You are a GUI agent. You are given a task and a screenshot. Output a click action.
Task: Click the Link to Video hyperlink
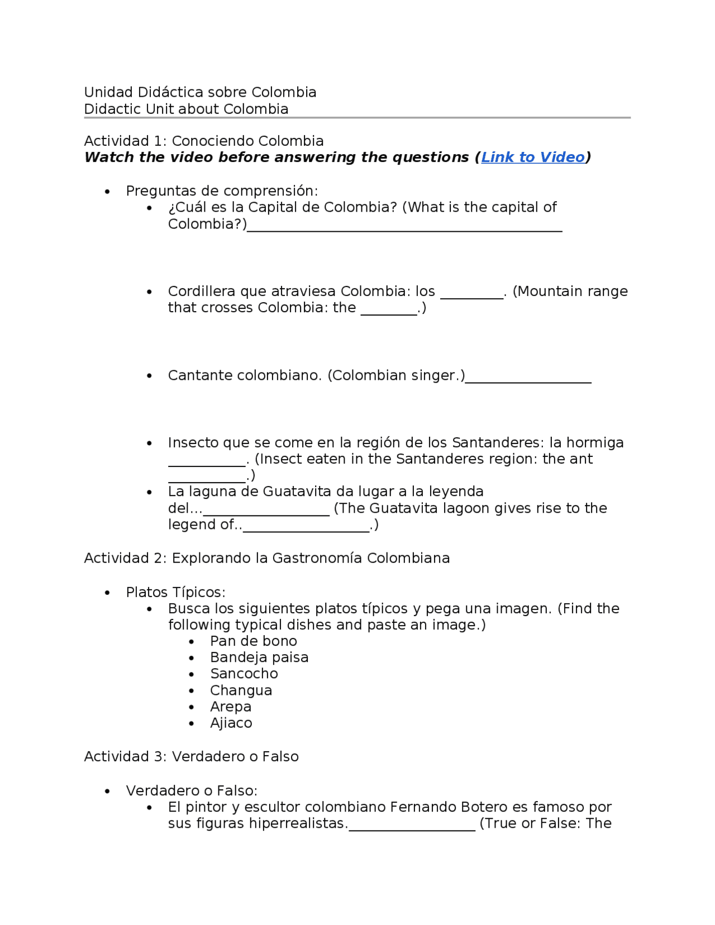[x=532, y=158]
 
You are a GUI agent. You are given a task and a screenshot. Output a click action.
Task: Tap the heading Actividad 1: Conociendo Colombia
[x=204, y=141]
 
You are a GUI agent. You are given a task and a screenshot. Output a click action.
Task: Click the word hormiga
[x=595, y=443]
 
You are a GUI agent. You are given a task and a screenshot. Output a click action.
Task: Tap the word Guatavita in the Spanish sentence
[x=296, y=492]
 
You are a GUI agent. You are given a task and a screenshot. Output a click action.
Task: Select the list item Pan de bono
[x=254, y=641]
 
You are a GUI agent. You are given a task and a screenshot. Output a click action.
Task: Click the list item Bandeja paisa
[x=259, y=657]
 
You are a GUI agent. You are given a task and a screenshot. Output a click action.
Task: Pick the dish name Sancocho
[x=244, y=674]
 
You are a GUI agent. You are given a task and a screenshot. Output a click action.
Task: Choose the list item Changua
[x=241, y=690]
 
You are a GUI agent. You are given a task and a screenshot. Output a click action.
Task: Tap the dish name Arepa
[x=231, y=707]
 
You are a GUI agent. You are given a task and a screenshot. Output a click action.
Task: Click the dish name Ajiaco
[x=231, y=723]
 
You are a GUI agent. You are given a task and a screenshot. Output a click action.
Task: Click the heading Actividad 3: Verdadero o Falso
[x=191, y=756]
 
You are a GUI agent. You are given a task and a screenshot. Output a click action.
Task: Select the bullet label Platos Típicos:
[x=175, y=592]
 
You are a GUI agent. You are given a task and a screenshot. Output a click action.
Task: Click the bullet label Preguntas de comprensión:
[x=222, y=191]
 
